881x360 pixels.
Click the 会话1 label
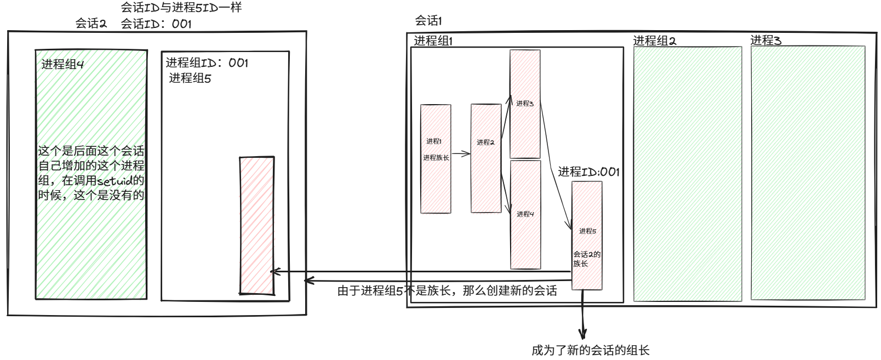click(x=428, y=21)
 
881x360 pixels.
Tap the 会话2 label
click(x=91, y=24)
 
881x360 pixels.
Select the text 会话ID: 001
click(x=156, y=24)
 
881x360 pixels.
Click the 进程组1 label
click(x=433, y=41)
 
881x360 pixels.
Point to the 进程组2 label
click(x=654, y=41)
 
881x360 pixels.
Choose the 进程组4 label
click(x=62, y=64)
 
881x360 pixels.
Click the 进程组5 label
click(x=190, y=78)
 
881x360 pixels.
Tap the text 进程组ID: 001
click(x=207, y=62)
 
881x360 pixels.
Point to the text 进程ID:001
click(x=588, y=172)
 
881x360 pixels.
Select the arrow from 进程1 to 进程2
click(x=461, y=154)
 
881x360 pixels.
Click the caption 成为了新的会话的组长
click(x=590, y=350)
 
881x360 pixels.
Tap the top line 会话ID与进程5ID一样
click(x=181, y=8)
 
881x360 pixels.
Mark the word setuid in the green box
click(x=115, y=181)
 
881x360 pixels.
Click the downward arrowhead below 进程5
click(x=583, y=333)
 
